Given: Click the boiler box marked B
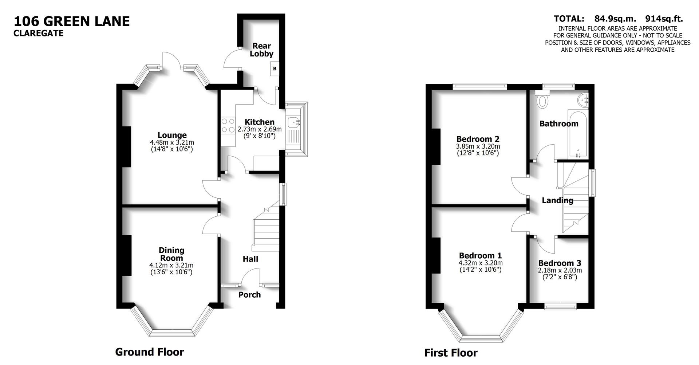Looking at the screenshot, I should (x=275, y=68).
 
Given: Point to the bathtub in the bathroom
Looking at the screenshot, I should (x=578, y=135).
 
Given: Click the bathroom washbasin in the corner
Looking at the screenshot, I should (x=583, y=100).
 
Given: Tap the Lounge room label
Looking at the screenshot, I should (x=172, y=135).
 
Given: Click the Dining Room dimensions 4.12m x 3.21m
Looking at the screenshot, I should (x=171, y=266).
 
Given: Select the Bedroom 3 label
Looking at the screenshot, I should (x=560, y=263).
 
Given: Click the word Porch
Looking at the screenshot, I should (x=249, y=295).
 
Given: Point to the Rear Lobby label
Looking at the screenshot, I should (x=261, y=50).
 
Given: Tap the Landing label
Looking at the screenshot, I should (x=557, y=200).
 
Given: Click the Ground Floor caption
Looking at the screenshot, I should (x=149, y=352).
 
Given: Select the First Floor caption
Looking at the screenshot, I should (x=451, y=353).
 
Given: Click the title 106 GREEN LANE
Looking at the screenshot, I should (x=72, y=21).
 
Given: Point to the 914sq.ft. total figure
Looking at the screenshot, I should (x=664, y=19).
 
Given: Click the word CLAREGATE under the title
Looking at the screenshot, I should (x=39, y=33).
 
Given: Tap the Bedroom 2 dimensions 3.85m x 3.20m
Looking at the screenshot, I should (x=478, y=146).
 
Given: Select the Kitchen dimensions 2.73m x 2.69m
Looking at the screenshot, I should (x=259, y=129).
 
